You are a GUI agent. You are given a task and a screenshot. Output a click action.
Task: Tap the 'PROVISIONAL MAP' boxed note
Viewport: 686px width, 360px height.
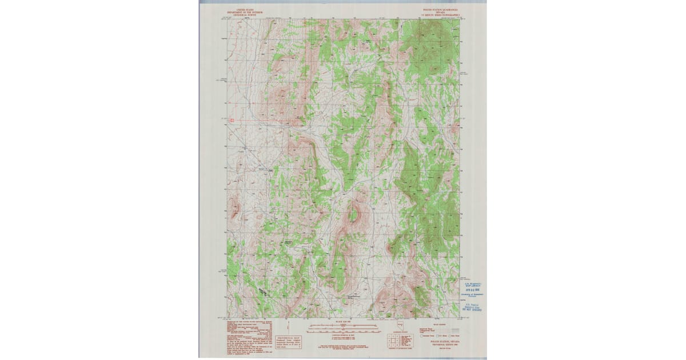coord(288,342)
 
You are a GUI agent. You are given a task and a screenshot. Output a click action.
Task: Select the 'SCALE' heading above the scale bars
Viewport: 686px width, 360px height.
coord(343,322)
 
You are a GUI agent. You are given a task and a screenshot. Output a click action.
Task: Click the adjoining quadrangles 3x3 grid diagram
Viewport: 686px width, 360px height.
coord(394,341)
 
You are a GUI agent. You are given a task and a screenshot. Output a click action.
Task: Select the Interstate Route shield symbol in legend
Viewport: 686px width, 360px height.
coord(422,336)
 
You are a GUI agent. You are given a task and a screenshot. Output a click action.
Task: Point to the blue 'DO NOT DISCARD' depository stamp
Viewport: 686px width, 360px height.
coord(473,307)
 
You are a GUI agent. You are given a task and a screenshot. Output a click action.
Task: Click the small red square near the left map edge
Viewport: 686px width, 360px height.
coord(232,121)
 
